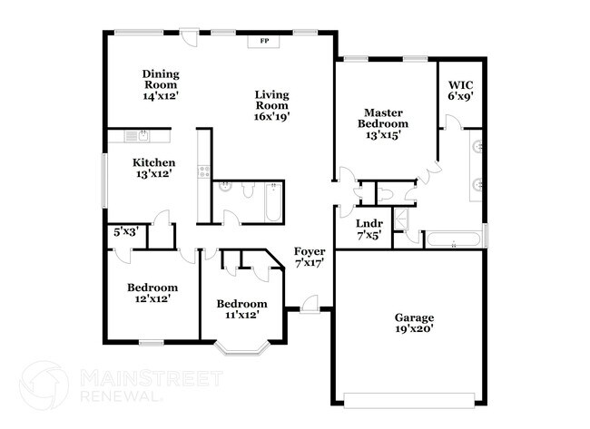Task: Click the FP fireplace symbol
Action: click(263, 42)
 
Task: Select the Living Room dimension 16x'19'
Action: click(271, 117)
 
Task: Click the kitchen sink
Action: click(137, 136)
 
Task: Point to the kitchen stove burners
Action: click(204, 172)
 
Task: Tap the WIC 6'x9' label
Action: click(460, 91)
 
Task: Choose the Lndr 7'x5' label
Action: click(369, 229)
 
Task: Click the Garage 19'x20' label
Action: click(414, 324)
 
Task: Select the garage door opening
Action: click(409, 401)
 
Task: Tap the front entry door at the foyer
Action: click(310, 305)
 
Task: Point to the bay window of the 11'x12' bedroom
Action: click(242, 348)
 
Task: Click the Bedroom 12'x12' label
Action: click(152, 293)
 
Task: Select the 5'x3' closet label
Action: click(126, 232)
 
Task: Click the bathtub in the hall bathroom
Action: click(273, 202)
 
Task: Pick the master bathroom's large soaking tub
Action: click(454, 239)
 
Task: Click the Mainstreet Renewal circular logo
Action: click(44, 385)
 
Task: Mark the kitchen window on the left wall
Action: click(105, 180)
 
